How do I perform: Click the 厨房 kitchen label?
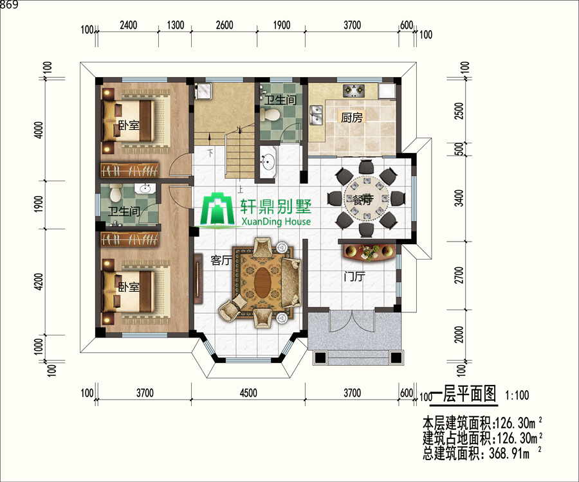[351, 117]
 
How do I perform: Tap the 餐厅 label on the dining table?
[363, 199]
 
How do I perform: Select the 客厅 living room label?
[221, 260]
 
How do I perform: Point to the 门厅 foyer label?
[354, 276]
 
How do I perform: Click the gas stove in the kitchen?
[353, 91]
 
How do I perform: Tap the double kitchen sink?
[316, 115]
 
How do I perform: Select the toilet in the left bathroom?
[116, 193]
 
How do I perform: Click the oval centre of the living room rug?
[262, 283]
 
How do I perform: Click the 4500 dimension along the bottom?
[248, 393]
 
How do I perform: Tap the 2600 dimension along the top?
[225, 25]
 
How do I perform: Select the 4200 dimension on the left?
[39, 281]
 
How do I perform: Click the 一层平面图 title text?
[464, 394]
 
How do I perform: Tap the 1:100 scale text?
[517, 395]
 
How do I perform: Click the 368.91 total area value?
[510, 453]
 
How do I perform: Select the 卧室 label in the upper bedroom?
[129, 125]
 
